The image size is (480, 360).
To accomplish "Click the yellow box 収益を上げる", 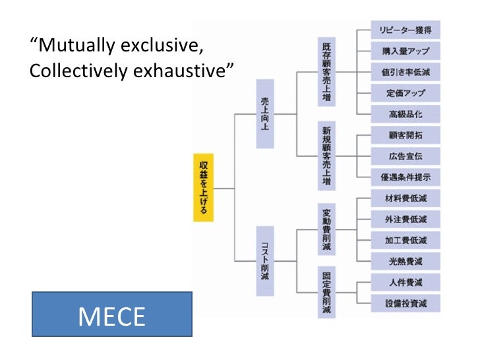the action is [x=204, y=188].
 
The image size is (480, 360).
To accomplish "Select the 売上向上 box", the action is [x=265, y=113].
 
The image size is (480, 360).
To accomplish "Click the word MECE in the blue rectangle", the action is [x=111, y=316].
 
